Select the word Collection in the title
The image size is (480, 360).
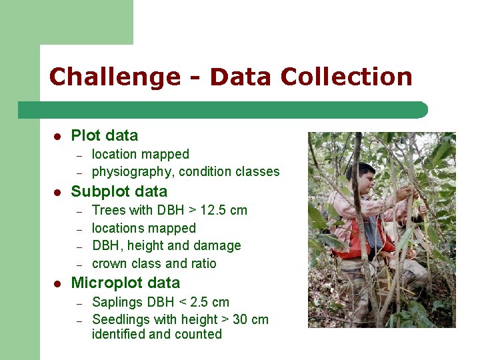click(346, 77)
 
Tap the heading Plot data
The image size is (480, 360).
click(104, 135)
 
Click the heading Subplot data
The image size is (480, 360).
click(119, 191)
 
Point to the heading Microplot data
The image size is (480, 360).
click(125, 283)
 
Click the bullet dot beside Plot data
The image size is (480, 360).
click(57, 136)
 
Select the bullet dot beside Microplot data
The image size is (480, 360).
click(57, 283)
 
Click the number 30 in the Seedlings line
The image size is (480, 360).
click(241, 319)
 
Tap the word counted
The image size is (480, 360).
click(198, 334)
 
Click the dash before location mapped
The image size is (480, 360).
click(78, 155)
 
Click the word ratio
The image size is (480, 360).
click(202, 263)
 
